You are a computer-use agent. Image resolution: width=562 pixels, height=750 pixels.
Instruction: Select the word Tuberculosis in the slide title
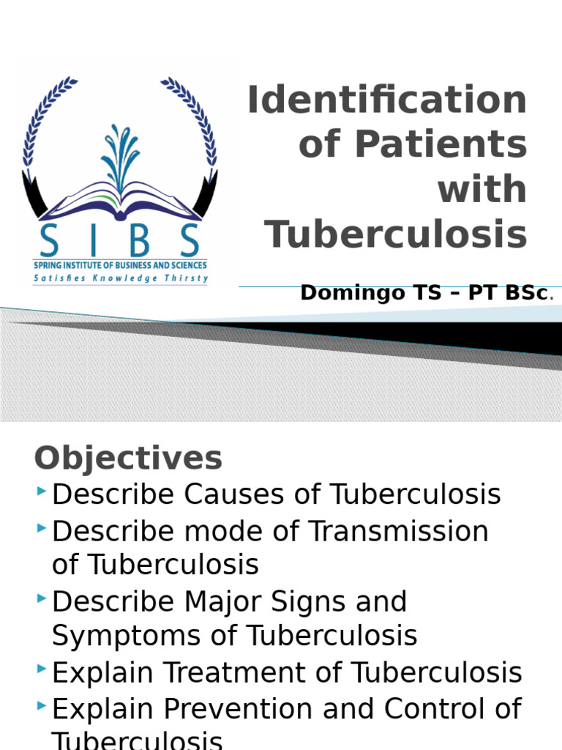(396, 234)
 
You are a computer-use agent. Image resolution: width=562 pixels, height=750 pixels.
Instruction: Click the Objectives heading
(128, 458)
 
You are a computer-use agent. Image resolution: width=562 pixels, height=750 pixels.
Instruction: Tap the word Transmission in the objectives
(398, 531)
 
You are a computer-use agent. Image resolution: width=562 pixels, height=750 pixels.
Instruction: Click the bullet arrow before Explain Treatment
(41, 669)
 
